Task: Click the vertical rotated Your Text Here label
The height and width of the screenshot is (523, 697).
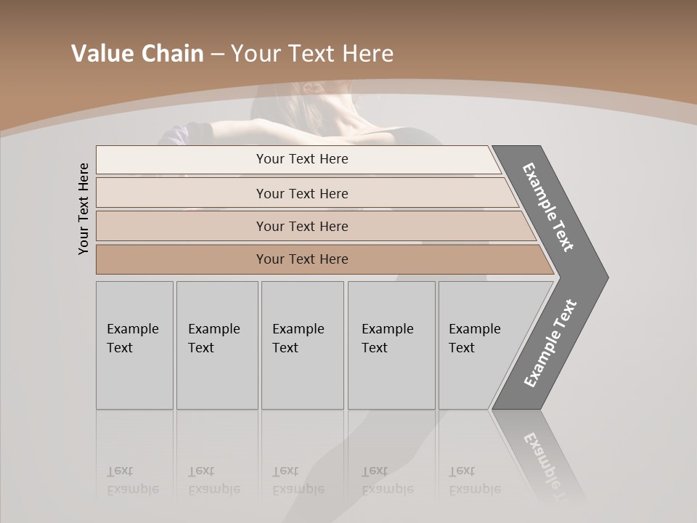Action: pos(83,208)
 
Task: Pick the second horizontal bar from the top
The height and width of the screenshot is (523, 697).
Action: pos(302,193)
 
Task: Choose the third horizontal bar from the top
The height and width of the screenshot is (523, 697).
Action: pos(302,226)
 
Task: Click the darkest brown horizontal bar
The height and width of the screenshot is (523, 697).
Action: pos(302,259)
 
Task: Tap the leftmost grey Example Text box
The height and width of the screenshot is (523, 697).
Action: pos(134,345)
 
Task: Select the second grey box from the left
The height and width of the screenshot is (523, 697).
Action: pos(216,345)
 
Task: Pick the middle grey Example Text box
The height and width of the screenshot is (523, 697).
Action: pos(302,345)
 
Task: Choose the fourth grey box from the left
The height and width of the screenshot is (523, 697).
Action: pos(391,345)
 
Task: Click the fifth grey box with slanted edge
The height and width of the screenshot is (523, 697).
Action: pos(479,345)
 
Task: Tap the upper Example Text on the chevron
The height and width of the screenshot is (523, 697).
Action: pos(548,207)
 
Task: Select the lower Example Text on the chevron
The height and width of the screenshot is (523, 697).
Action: pos(550,343)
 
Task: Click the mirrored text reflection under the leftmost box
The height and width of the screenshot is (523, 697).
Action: pos(132,480)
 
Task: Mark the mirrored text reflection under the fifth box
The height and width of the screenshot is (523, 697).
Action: pos(474,480)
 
